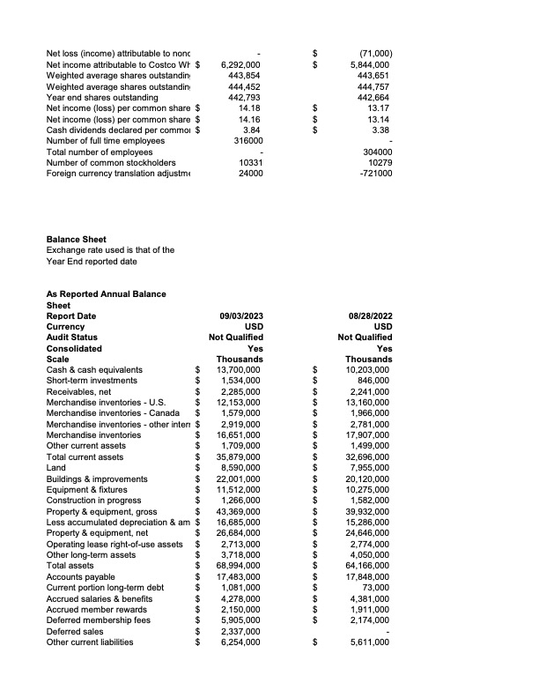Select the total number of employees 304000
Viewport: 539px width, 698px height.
(x=375, y=152)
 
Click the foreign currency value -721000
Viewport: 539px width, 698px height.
(x=375, y=173)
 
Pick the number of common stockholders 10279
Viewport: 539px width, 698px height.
(x=378, y=162)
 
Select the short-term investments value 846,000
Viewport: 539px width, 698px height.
(x=374, y=381)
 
